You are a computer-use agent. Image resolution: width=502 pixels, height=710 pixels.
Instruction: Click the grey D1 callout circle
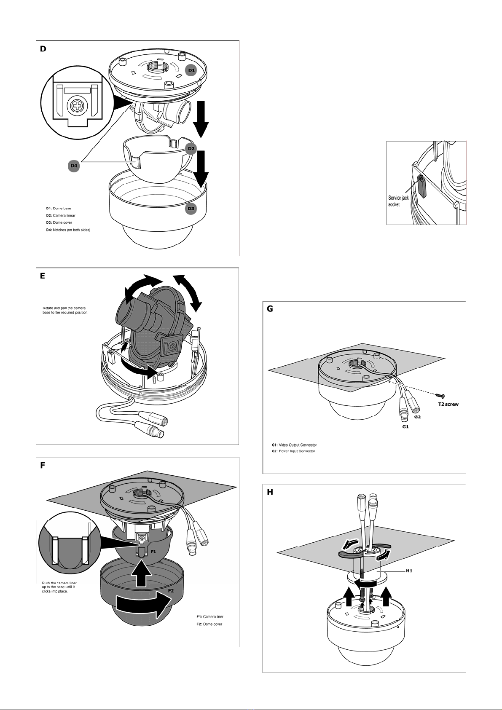click(191, 70)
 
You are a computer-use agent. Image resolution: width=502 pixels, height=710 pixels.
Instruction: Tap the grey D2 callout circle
click(191, 148)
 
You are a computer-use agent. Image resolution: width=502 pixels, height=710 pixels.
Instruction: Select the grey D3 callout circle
click(191, 209)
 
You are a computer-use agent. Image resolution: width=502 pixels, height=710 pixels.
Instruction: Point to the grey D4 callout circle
click(74, 166)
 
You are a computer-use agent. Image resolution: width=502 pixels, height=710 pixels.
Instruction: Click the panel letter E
click(43, 276)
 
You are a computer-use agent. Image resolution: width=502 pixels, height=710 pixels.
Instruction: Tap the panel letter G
click(270, 309)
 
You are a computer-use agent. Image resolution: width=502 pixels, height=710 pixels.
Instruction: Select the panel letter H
click(270, 492)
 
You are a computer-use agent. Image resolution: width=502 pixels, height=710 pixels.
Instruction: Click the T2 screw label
click(448, 404)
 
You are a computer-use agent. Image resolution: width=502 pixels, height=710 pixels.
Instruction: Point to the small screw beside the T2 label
click(440, 395)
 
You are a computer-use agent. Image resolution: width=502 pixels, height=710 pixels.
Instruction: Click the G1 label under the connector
click(405, 426)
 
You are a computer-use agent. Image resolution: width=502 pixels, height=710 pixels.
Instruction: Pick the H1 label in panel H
click(409, 571)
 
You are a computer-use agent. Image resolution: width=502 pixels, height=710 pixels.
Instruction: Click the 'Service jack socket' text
click(398, 201)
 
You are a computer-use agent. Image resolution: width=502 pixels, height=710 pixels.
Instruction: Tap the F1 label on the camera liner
click(153, 551)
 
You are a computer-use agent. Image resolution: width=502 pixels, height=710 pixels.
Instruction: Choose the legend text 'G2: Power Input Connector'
click(293, 451)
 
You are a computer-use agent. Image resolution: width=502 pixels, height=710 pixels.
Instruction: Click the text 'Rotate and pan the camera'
click(64, 308)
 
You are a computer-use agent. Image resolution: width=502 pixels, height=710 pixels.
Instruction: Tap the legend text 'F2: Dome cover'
click(209, 624)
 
